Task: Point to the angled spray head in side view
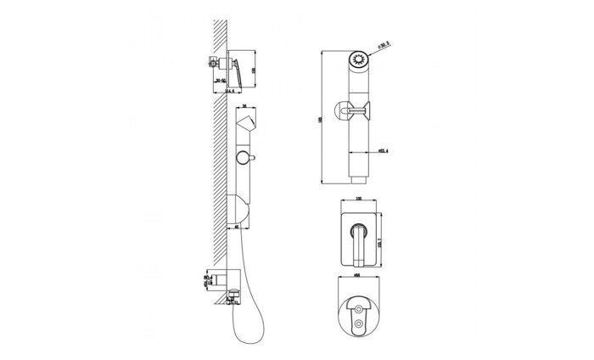click(244, 127)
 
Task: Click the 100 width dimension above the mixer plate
click(358, 200)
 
